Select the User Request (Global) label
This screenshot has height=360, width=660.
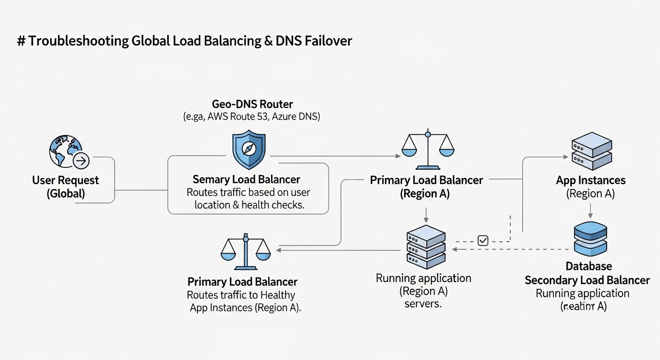66,187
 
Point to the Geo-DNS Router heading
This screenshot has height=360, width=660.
252,104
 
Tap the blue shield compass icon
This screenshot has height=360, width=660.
249,150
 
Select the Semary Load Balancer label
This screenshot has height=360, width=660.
246,180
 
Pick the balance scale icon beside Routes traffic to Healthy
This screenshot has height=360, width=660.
245,251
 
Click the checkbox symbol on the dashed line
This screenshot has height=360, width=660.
483,240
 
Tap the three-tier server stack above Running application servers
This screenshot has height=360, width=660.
426,247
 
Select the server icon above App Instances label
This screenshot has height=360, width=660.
591,151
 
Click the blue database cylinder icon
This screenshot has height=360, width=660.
590,240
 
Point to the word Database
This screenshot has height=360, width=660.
588,266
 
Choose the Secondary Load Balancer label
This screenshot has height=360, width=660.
587,280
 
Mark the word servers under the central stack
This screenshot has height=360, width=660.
423,304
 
